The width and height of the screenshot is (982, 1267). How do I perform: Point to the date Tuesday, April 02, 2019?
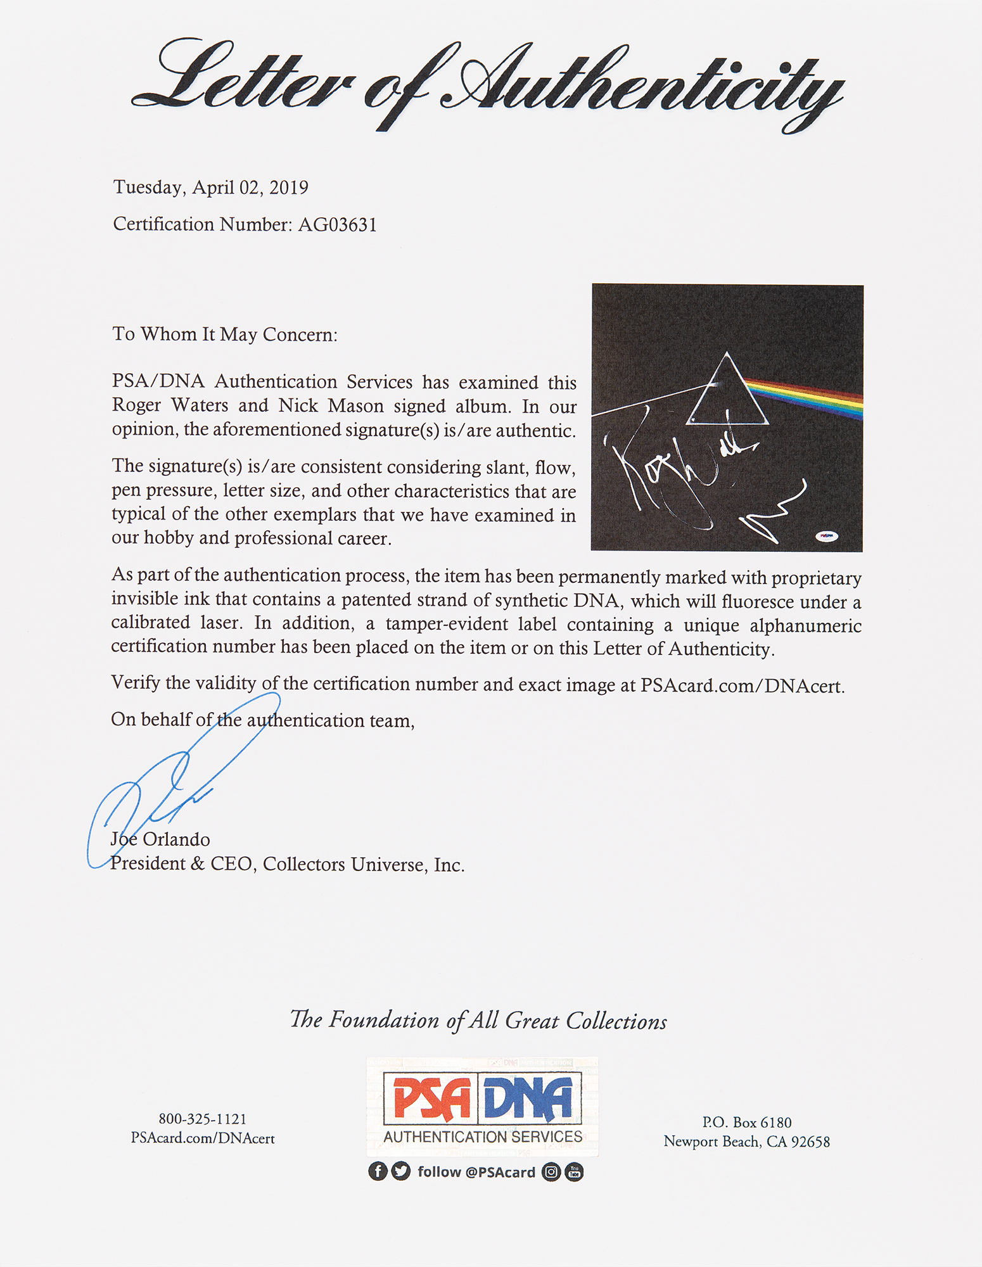(210, 188)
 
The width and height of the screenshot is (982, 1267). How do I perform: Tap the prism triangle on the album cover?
(727, 393)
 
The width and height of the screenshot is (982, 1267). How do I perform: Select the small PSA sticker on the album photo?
(826, 536)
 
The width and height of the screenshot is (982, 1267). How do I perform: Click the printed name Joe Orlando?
(160, 839)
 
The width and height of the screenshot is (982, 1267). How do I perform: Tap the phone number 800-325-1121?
(202, 1119)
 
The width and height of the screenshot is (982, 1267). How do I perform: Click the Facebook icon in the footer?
(378, 1171)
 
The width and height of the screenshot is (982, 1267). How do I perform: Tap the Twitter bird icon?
(401, 1171)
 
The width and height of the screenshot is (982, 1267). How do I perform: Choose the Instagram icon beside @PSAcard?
(551, 1172)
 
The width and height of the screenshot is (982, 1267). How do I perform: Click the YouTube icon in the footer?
(574, 1172)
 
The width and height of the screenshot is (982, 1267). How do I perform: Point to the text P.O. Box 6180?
(746, 1123)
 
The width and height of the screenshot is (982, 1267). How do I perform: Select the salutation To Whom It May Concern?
(225, 334)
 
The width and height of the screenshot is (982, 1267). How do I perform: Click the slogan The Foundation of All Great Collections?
(478, 1021)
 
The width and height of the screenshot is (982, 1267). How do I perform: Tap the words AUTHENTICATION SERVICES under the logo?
(483, 1136)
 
